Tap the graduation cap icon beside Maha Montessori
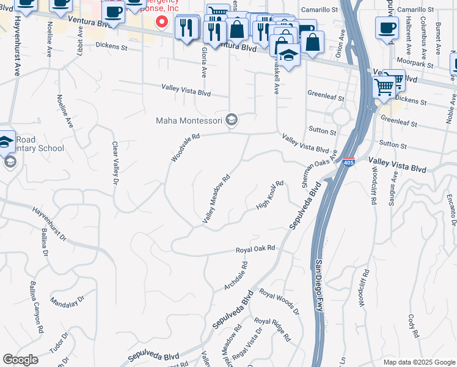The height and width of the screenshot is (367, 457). [x=232, y=120]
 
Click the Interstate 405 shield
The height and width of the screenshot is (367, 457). [x=348, y=162]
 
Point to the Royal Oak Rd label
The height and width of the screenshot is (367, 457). [x=256, y=250]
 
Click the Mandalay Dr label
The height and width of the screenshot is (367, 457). [x=67, y=303]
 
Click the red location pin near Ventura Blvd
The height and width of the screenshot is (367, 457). [x=162, y=22]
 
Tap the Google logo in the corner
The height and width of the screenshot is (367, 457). [x=21, y=360]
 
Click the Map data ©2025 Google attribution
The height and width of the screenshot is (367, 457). [x=419, y=362]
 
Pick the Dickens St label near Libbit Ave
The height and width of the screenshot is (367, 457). [x=111, y=46]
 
